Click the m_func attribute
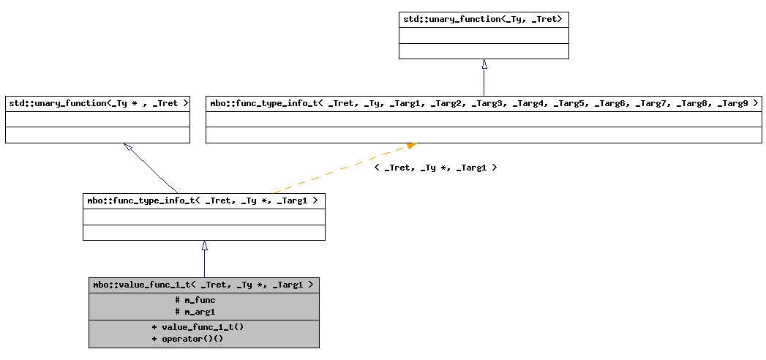coord(195,299)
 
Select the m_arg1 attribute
coord(195,312)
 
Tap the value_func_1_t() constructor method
coord(198,326)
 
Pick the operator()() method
coord(187,339)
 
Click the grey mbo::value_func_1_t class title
coord(203,285)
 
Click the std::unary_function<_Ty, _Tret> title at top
coord(483,18)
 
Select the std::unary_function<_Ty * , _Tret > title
coord(97,103)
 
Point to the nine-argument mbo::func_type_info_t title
coord(484,103)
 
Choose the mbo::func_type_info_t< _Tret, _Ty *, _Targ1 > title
coord(203,200)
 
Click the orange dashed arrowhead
coord(411,146)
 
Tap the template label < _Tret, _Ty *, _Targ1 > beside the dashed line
coord(435,168)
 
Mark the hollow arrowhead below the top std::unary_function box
coord(484,64)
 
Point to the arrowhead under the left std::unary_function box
coord(128,148)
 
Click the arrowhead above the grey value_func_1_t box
coord(204,246)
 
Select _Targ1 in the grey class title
coord(288,285)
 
